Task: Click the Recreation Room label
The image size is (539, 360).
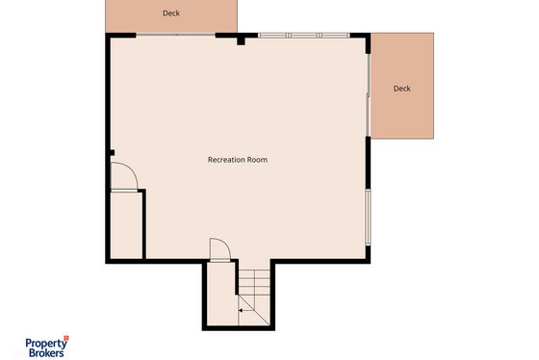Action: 238,160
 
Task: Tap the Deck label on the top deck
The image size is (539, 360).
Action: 171,13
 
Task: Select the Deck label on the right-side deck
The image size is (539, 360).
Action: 402,89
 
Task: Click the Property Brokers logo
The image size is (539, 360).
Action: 47,347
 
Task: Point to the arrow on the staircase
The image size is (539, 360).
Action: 245,311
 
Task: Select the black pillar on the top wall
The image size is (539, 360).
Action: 241,41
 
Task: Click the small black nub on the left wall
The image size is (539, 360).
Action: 112,153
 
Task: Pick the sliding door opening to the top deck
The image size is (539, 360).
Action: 175,35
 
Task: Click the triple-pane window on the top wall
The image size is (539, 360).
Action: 304,36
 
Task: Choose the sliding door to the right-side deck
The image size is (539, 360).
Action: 368,95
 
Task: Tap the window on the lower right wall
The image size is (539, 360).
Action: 368,217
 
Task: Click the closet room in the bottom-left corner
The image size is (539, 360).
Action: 126,225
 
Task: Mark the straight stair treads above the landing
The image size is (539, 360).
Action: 254,282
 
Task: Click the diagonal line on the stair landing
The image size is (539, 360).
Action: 254,310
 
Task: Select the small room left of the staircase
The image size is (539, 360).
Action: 222,294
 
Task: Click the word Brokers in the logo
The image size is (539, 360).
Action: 46,352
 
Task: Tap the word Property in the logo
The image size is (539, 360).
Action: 46,344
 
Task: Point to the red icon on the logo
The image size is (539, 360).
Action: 66,338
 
